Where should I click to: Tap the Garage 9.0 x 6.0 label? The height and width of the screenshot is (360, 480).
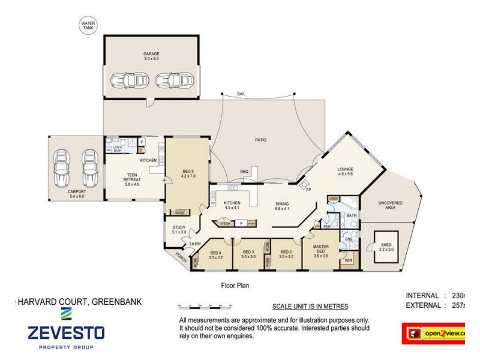click(151, 56)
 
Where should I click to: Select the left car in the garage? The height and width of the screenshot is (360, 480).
click(124, 80)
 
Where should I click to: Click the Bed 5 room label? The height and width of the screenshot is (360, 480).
click(187, 174)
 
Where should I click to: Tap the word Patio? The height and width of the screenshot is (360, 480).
click(260, 140)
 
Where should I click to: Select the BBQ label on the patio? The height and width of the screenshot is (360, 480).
click(244, 171)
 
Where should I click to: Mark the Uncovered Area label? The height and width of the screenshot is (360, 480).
click(391, 205)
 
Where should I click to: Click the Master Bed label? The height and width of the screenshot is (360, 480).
click(322, 248)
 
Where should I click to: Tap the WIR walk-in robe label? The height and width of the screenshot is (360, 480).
click(348, 261)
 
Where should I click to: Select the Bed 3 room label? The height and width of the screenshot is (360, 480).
click(248, 254)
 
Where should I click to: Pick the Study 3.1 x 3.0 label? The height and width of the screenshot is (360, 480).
click(179, 229)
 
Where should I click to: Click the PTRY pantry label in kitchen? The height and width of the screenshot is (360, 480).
click(226, 223)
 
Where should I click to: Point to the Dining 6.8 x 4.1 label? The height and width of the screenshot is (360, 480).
click(282, 206)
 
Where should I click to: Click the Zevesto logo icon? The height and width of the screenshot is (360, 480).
click(66, 314)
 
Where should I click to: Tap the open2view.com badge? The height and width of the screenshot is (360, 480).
click(434, 333)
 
